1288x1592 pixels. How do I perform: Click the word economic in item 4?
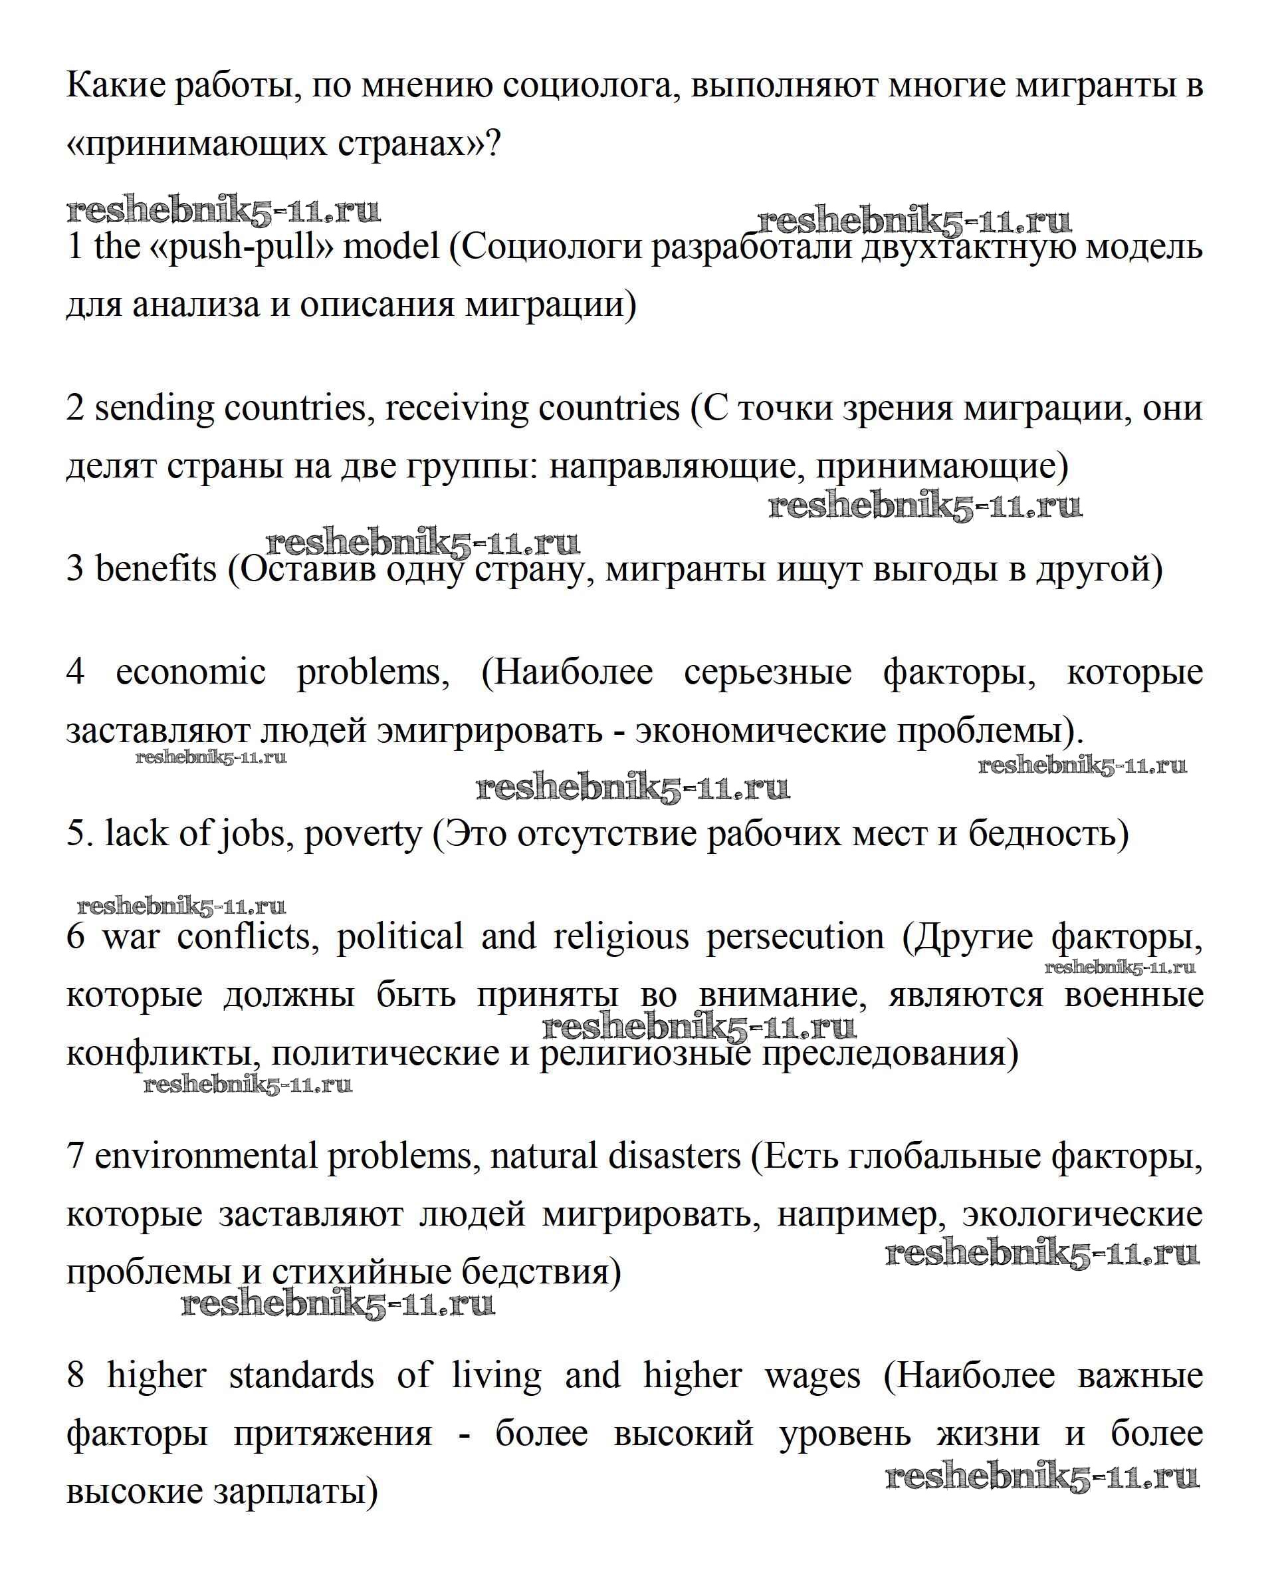pyautogui.click(x=191, y=672)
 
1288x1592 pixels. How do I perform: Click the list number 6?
pyautogui.click(x=75, y=936)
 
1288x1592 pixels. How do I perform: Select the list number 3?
pyautogui.click(x=75, y=569)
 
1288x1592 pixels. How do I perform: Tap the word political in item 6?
pyautogui.click(x=400, y=936)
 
